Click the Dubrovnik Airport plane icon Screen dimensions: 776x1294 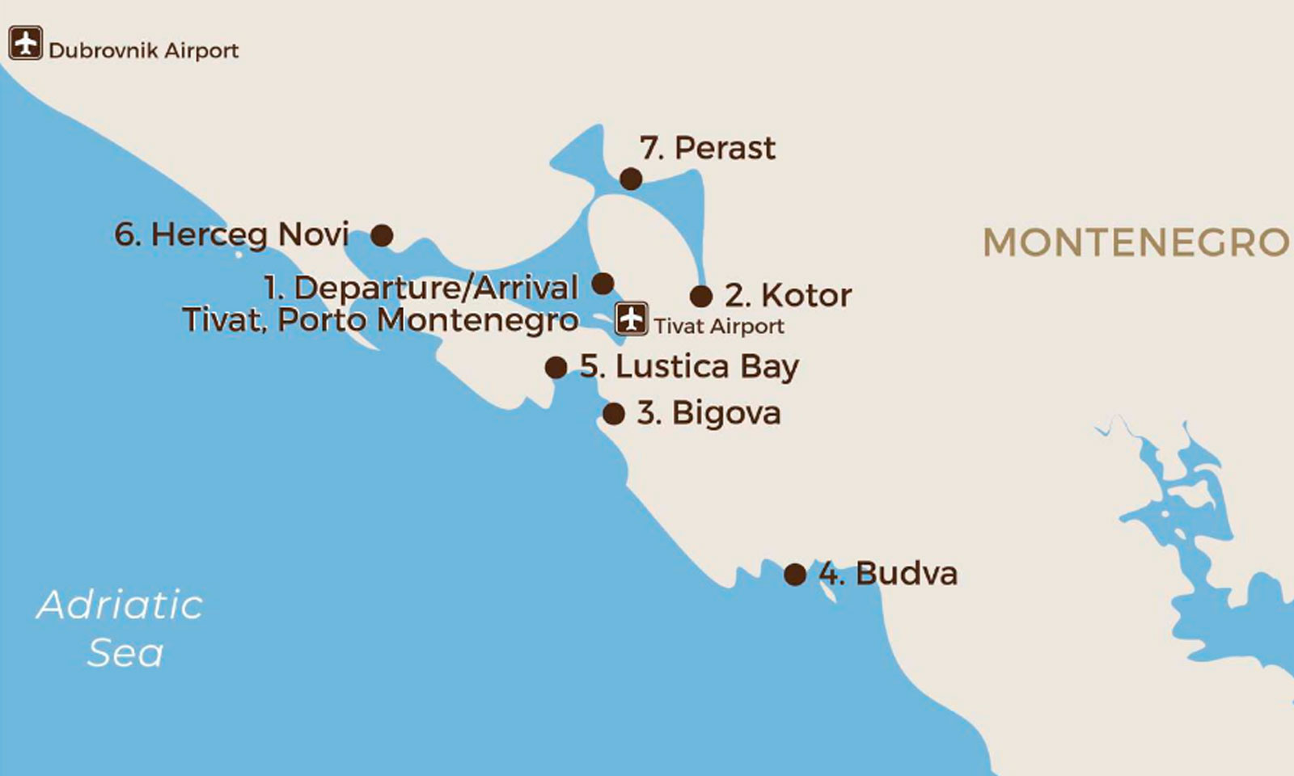[26, 43]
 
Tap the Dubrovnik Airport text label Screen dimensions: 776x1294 [143, 51]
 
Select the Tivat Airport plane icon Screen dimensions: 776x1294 [631, 318]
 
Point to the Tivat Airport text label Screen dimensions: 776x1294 [719, 327]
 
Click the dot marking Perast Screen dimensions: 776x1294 [631, 179]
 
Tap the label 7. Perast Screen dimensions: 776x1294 [708, 148]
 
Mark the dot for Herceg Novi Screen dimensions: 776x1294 [382, 235]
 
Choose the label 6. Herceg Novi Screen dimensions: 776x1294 [231, 234]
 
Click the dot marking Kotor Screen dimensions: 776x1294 [701, 296]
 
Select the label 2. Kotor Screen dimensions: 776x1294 [788, 295]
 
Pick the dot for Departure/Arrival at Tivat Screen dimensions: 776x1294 [603, 283]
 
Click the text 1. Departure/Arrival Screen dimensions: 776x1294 [421, 288]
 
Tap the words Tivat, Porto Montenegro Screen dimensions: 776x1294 [380, 320]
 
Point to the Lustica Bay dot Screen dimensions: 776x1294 [556, 368]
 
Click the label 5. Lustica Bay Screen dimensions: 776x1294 [689, 367]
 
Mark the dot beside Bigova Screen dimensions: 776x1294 [614, 414]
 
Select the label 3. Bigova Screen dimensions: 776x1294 [708, 413]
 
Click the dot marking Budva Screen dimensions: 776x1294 [795, 575]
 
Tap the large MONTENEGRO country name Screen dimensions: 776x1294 [1135, 242]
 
